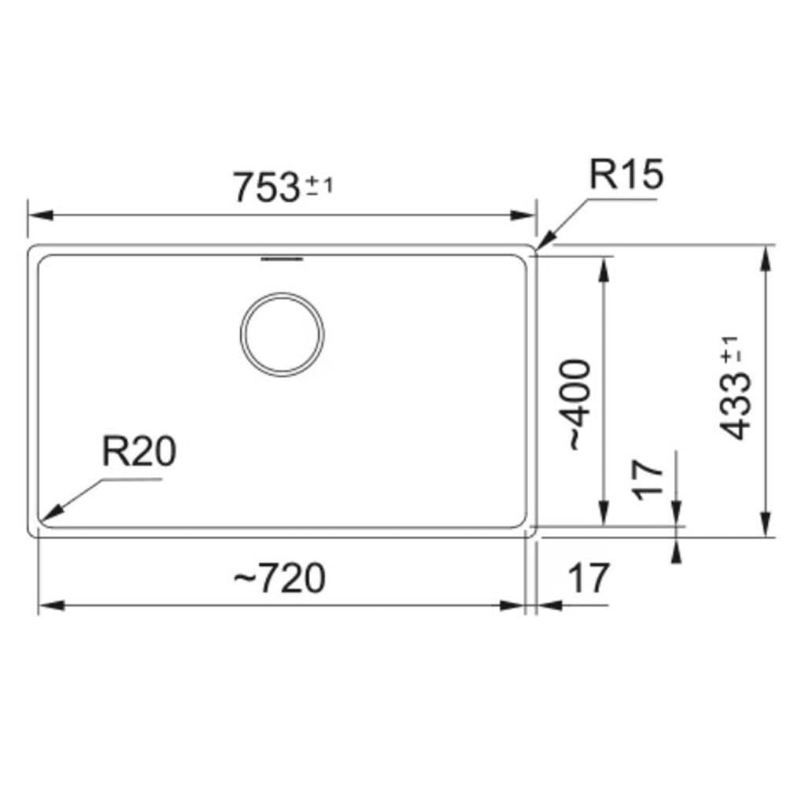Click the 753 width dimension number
[x=267, y=187]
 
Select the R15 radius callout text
[x=626, y=174]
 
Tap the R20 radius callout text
[x=139, y=451]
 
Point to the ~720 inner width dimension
[x=279, y=578]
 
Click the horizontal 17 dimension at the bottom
[x=589, y=578]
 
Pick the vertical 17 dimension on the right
[x=648, y=480]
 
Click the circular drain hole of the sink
[x=282, y=334]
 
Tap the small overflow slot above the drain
[x=282, y=259]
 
